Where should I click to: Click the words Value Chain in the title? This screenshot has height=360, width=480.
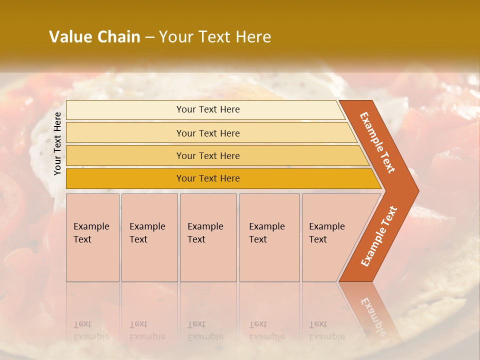(94, 37)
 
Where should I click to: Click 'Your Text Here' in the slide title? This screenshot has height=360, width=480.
(215, 37)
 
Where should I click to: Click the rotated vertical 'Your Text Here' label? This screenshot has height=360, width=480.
(57, 143)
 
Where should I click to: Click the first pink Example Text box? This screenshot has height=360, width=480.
(92, 237)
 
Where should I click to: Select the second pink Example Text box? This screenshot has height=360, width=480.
(149, 237)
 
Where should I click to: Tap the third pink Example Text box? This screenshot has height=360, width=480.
(208, 237)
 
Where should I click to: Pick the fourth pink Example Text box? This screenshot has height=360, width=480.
(269, 237)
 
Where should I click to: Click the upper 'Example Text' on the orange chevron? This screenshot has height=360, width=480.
(377, 142)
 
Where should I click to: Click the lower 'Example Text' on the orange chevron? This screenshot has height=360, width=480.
(379, 236)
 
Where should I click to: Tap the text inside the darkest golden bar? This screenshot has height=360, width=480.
(208, 178)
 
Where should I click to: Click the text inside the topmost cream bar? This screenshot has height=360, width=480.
(208, 109)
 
